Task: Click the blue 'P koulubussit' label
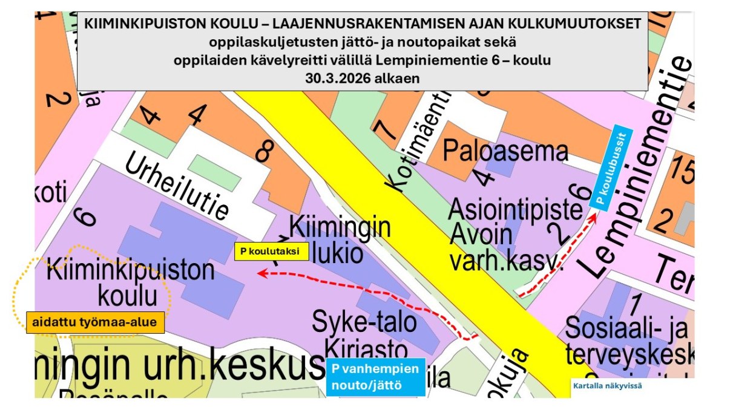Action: click(613, 168)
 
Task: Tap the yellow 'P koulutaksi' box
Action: click(271, 251)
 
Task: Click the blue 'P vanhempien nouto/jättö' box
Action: click(375, 377)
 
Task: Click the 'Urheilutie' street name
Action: click(177, 185)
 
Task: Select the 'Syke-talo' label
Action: click(364, 322)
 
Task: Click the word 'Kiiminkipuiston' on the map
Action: click(130, 269)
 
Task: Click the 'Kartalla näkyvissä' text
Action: click(607, 385)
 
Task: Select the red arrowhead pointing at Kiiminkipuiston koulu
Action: click(261, 274)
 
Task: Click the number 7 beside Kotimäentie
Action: click(382, 129)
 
